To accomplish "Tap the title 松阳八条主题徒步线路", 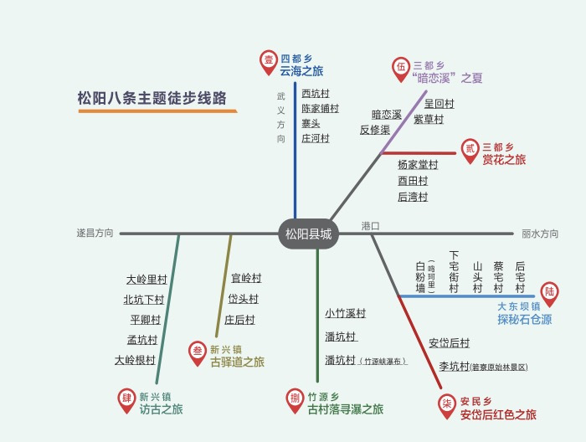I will pos(152,98).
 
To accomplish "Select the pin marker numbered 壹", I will pos(269,59).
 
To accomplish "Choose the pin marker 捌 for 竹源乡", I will pos(295,398).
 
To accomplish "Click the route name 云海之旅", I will pos(301,71).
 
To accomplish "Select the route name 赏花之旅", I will pos(504,160).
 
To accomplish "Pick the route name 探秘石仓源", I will pos(525,320).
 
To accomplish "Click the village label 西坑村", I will pos(316,94).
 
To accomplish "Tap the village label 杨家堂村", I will pos(418,165).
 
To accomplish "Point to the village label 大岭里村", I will pos(146,280).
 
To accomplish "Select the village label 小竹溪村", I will pos(346,314).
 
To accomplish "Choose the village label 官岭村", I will pos(246,279).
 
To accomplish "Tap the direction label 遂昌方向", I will pos(95,234).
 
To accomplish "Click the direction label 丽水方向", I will pos(540,234).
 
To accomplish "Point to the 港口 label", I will pos(370,226).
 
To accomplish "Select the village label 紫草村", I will pos(429,120).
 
